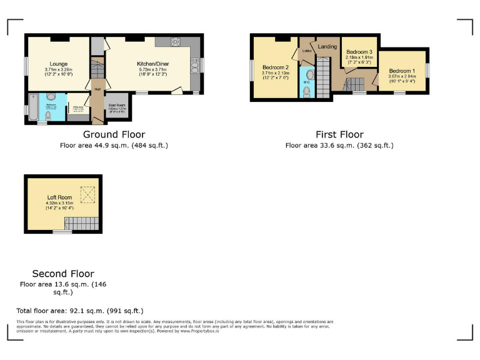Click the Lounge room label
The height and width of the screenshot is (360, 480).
(59, 63)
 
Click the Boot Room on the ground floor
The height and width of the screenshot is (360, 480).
(117, 106)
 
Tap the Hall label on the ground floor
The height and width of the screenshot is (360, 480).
(97, 89)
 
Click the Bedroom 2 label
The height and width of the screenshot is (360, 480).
(275, 67)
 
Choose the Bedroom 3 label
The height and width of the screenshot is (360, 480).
(359, 52)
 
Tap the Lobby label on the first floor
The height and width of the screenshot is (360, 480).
(307, 51)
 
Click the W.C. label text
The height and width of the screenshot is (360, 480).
(306, 81)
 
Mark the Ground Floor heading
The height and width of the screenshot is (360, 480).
(114, 134)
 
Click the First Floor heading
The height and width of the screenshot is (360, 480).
(339, 134)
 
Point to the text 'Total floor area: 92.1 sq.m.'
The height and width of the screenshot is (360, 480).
(80, 311)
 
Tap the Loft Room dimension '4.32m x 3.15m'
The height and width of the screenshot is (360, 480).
(59, 203)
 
